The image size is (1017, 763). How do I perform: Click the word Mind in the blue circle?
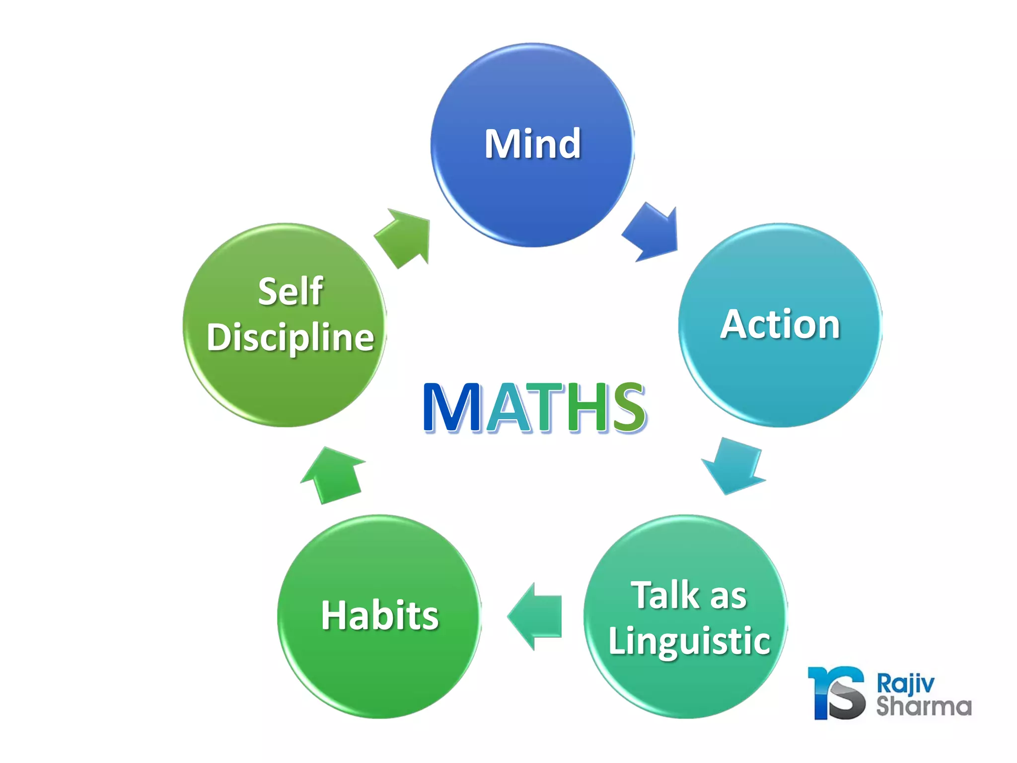[532, 144]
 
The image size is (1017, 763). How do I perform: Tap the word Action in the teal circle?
[780, 324]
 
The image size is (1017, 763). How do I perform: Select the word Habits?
[380, 615]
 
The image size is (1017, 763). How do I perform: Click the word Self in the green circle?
[291, 292]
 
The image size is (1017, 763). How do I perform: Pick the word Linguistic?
[689, 641]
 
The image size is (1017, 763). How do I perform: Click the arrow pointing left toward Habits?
[535, 616]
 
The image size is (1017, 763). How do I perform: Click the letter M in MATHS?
[452, 407]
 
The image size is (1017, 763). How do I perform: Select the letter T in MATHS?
[545, 407]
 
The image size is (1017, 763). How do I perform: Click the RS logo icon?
[837, 693]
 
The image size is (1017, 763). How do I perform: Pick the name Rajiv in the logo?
[905, 684]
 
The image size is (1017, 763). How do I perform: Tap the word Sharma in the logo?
[924, 707]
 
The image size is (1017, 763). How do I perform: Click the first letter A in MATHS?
[507, 408]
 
